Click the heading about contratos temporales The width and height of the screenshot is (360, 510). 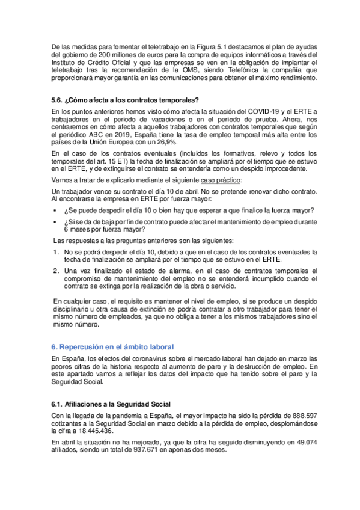(x=126, y=100)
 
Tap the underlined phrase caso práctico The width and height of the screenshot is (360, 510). (x=220, y=180)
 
